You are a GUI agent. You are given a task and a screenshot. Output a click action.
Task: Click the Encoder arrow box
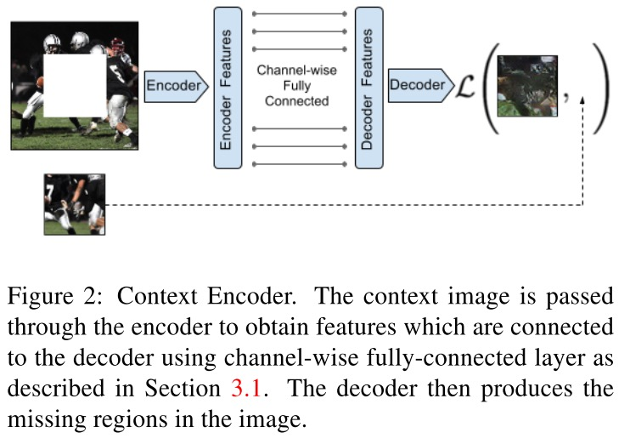(x=175, y=86)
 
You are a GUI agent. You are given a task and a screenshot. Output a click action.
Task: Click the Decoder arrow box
(x=418, y=85)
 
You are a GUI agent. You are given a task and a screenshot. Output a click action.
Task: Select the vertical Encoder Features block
(x=226, y=87)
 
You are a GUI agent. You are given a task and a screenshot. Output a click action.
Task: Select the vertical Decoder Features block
(x=368, y=87)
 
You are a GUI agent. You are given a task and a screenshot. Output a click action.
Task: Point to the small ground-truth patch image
(x=74, y=203)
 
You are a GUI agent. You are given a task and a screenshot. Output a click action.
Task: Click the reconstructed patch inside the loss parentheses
(x=526, y=85)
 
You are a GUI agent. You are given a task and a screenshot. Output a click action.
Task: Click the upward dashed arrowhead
(x=582, y=101)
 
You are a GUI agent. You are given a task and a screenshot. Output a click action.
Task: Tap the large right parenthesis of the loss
(x=601, y=85)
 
